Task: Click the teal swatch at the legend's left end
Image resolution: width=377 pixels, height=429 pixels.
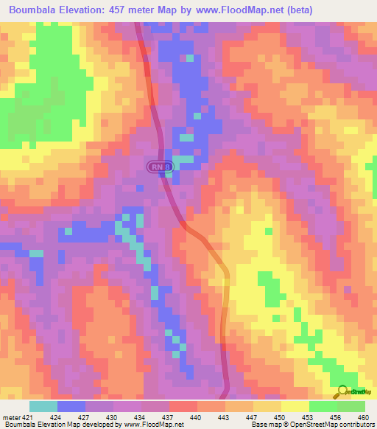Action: pos(43,406)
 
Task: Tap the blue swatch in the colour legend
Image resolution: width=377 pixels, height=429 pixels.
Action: pos(71,406)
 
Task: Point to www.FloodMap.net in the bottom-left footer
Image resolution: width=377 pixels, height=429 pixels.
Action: pos(155,425)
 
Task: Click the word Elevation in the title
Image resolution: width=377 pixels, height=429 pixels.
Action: pos(90,10)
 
